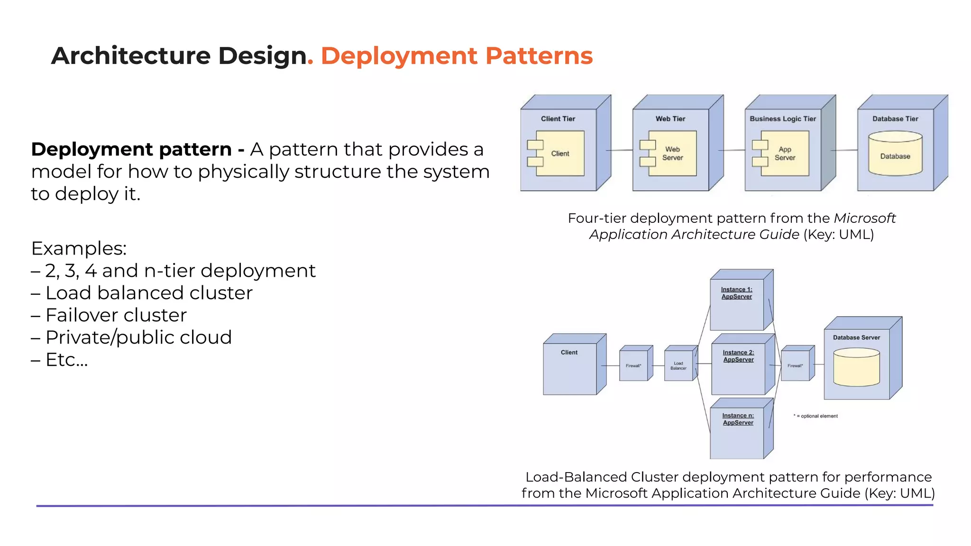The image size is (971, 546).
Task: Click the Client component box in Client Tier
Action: [559, 154]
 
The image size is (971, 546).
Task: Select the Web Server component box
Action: [672, 154]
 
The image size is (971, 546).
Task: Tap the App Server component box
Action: [785, 154]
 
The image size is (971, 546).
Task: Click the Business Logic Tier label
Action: [783, 119]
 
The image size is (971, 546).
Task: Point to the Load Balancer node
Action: [678, 365]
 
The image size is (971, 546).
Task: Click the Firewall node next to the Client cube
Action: [633, 365]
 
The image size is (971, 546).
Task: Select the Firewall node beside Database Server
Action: [795, 365]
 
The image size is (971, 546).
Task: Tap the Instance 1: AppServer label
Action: [737, 293]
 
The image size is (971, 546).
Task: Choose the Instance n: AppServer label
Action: [738, 419]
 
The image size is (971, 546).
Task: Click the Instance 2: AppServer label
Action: [738, 356]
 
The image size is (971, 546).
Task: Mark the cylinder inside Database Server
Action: [856, 368]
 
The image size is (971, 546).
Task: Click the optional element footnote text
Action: [816, 416]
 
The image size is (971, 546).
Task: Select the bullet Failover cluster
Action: [116, 315]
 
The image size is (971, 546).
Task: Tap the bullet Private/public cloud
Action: [138, 337]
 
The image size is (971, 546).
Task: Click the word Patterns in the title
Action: [539, 56]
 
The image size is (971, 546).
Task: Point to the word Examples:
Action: [79, 248]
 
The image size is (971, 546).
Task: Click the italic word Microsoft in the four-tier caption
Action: [864, 218]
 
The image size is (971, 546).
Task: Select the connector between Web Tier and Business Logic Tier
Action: [733, 150]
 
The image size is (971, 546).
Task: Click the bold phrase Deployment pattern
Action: [131, 149]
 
